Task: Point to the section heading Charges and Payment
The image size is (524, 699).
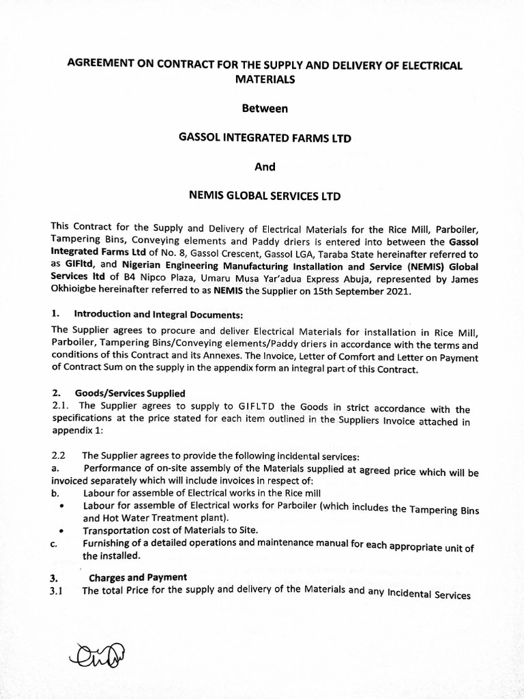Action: point(138,577)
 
